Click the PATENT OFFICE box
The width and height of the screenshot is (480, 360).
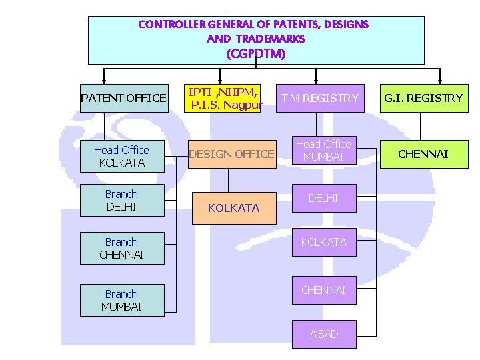[123, 98]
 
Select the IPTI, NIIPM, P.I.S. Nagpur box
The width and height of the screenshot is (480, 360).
[222, 98]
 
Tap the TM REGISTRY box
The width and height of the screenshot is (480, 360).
[319, 98]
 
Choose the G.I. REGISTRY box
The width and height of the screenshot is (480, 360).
[422, 98]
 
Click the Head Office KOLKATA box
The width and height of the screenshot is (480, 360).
[121, 156]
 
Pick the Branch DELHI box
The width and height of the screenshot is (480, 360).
[121, 201]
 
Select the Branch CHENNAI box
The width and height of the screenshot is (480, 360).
[121, 248]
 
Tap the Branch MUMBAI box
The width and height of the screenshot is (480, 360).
[121, 300]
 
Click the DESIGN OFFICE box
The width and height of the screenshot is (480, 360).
[231, 154]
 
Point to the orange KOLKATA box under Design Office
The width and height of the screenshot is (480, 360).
[233, 208]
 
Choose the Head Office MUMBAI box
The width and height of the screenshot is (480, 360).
[323, 150]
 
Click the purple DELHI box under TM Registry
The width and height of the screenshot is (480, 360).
[323, 198]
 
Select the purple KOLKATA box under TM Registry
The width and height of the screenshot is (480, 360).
[323, 242]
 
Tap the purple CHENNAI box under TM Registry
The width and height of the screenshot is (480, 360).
[323, 290]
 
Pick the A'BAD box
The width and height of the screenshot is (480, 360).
[323, 334]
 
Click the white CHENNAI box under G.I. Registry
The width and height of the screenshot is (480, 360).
[423, 154]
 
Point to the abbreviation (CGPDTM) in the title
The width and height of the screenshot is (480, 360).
[256, 53]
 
